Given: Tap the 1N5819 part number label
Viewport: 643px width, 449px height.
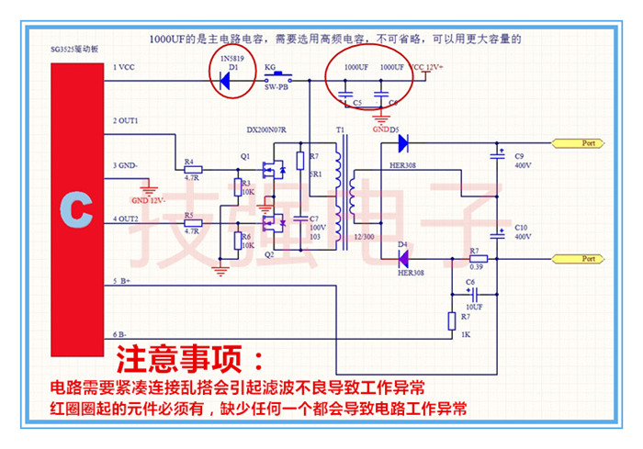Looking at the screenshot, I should coord(233,57).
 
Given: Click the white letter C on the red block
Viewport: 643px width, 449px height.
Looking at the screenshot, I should coord(76,208).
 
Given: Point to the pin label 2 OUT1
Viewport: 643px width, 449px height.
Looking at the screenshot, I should coord(126,120).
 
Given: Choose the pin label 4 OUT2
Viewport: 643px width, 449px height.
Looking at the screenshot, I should coord(126,219).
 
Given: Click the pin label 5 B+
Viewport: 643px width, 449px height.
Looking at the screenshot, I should coord(123,281).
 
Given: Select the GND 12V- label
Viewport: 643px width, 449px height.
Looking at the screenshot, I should coord(148,199).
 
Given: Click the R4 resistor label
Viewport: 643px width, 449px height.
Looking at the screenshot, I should coord(190,163).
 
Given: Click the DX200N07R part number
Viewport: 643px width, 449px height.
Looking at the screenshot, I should coord(267,129).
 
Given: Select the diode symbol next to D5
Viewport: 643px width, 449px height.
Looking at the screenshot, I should coord(401,143).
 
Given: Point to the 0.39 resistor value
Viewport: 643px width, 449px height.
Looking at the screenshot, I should coord(475,266).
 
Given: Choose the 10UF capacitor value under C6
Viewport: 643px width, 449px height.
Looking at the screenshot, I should coord(472,306).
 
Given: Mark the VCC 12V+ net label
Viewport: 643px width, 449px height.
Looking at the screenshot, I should coord(427,67).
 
